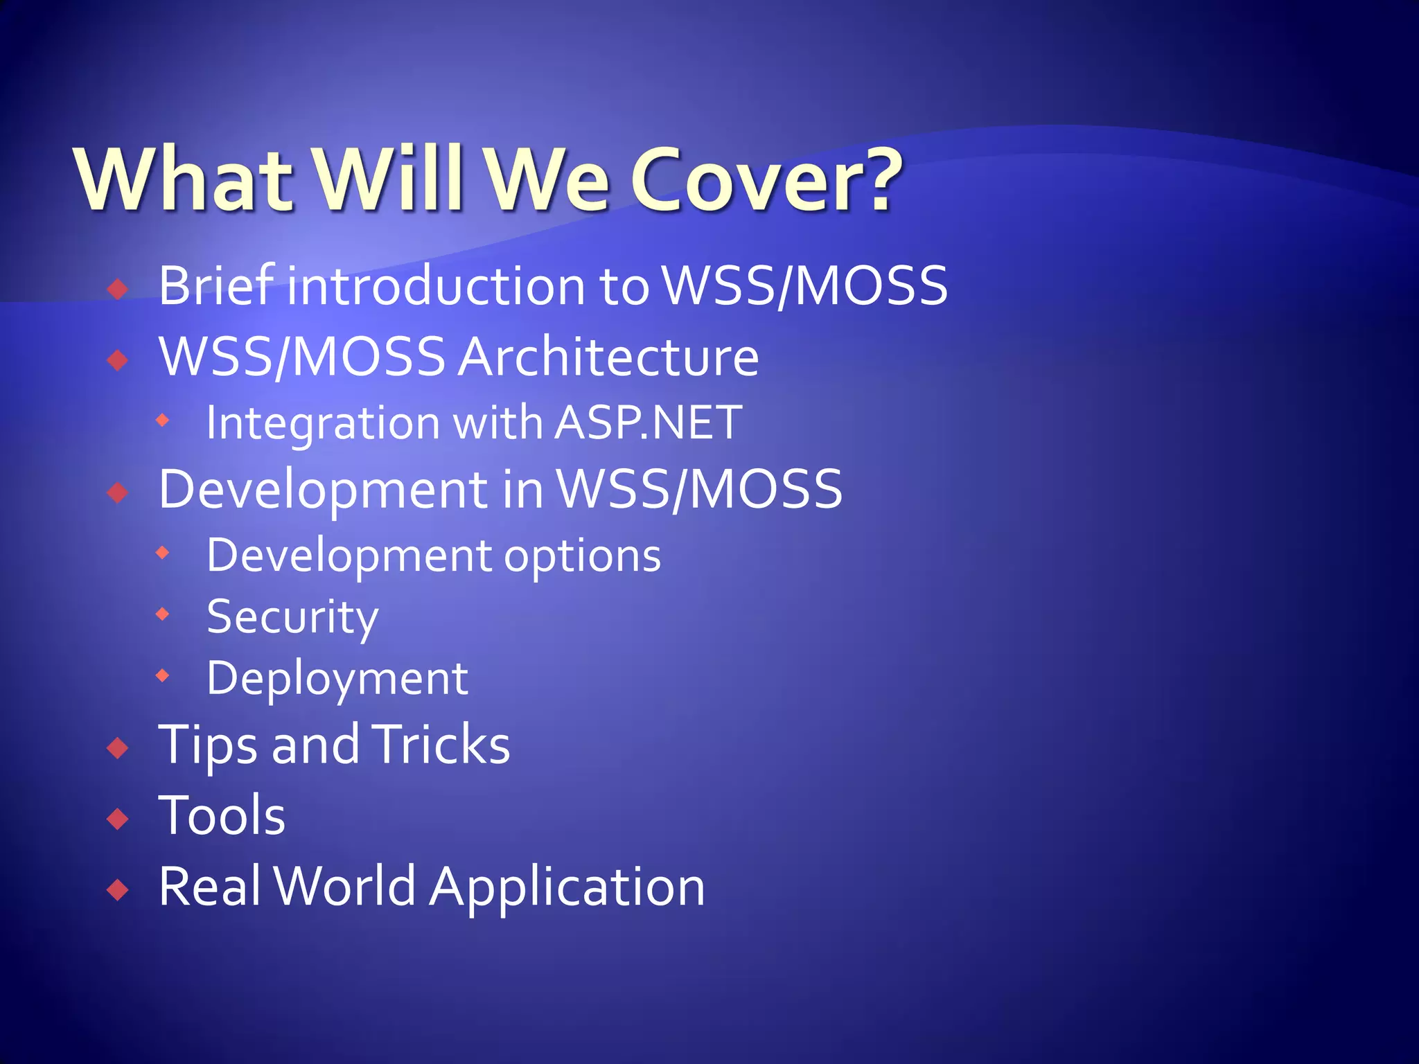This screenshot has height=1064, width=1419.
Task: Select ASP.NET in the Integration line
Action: (x=648, y=422)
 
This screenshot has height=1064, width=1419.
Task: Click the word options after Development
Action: (x=582, y=556)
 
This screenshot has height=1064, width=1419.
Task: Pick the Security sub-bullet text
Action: (x=292, y=617)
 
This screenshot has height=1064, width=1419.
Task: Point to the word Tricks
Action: (x=441, y=745)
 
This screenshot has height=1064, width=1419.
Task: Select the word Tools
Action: (x=222, y=815)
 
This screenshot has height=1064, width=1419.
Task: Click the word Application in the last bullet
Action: (x=567, y=887)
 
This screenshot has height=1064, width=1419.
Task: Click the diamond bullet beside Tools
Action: (x=118, y=819)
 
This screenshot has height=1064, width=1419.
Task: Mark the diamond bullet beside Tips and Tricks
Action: (x=118, y=748)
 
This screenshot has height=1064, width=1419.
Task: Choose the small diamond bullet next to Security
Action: (x=163, y=614)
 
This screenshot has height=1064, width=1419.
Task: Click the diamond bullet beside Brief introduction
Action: (x=118, y=288)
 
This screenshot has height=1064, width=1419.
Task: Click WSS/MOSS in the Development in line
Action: (x=700, y=489)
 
